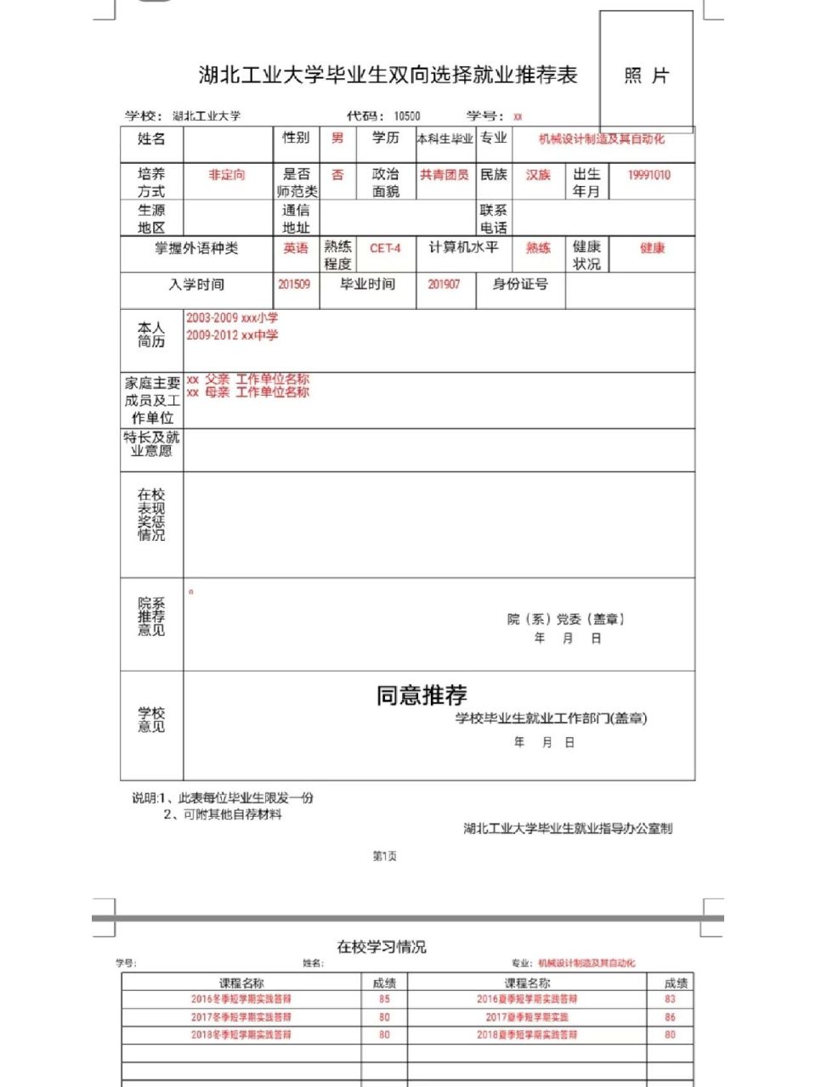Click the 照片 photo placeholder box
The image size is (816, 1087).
click(646, 75)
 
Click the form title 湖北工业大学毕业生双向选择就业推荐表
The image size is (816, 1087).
click(388, 76)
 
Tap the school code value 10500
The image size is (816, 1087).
click(406, 116)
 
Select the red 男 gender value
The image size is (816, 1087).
click(337, 138)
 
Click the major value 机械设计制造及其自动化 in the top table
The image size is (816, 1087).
click(602, 139)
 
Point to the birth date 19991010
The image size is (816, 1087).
click(649, 175)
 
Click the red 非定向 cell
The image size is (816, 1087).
click(227, 175)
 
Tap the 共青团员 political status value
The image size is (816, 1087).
click(444, 175)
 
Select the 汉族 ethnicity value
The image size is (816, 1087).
click(538, 175)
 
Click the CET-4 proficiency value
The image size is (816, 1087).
click(385, 248)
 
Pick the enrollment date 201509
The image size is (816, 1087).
click(294, 284)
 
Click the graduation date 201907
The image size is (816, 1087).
click(444, 284)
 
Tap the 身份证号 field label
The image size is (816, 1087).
click(520, 284)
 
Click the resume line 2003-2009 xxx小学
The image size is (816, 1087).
click(232, 318)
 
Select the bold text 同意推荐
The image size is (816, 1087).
click(422, 696)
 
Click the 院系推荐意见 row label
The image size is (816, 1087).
click(151, 617)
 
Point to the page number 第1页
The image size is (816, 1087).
click(385, 856)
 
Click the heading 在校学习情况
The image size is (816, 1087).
click(382, 947)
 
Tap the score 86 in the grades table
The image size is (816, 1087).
click(670, 1017)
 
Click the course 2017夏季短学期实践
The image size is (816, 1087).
click(527, 1017)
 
